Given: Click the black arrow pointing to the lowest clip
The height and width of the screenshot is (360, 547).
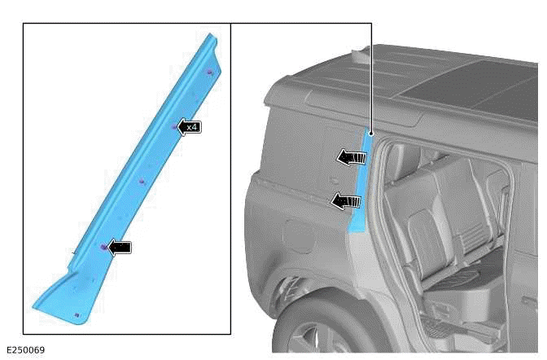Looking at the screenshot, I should [120, 247].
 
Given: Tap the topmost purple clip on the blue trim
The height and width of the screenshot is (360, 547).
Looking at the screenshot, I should [210, 72].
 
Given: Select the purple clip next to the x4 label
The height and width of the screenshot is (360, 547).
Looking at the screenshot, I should [173, 126].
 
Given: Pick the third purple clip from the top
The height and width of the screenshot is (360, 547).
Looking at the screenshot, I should [142, 181].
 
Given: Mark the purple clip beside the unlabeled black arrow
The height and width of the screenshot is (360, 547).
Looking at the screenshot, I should [103, 247].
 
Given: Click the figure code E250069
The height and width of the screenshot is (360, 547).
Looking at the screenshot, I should [24, 350].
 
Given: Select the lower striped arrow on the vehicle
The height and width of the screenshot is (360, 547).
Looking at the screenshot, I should [347, 200].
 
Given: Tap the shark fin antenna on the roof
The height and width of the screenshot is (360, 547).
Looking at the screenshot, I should [359, 56].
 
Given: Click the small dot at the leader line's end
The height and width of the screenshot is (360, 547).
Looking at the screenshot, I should [370, 132].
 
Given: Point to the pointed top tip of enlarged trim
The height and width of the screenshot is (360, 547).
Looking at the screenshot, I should [211, 36].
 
